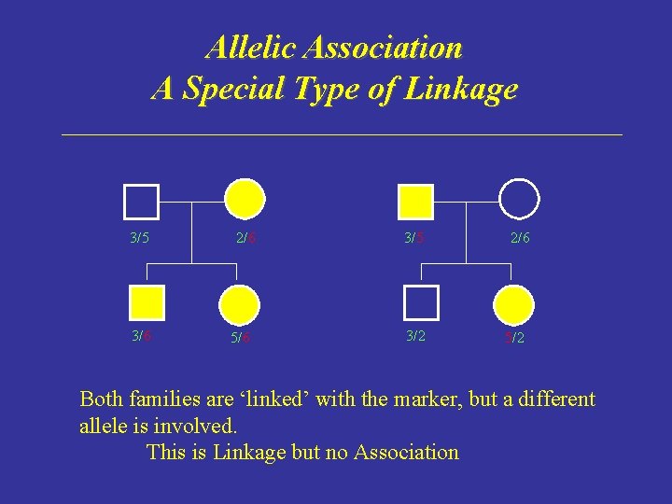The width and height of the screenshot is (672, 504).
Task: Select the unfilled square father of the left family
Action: tap(141, 200)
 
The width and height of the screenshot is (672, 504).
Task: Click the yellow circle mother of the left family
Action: tap(245, 199)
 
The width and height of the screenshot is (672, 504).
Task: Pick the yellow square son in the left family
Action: tap(147, 302)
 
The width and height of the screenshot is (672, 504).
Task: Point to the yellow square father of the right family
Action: tap(415, 200)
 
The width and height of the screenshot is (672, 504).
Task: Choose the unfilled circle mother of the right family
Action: tap(519, 199)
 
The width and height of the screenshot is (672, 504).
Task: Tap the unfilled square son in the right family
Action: tap(421, 302)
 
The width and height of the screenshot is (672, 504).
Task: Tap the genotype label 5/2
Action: tap(514, 338)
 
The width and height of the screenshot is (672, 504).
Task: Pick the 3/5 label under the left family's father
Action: tap(139, 238)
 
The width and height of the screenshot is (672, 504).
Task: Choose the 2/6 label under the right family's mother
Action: tap(520, 238)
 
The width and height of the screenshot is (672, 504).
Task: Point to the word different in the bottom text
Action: tap(551, 399)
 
